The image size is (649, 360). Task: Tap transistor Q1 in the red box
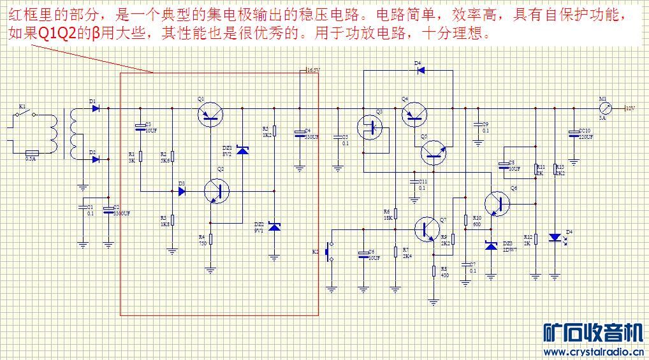pos(210,115)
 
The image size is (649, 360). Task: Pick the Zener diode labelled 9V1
pos(274,226)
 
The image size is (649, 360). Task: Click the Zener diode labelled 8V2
pos(242,150)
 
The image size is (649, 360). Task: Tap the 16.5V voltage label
pos(312,70)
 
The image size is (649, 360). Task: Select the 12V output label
pos(631,109)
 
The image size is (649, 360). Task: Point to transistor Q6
pos(497,203)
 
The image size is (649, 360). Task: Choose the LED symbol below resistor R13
pos(555,238)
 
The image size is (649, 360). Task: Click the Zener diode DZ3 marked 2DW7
pos(491,245)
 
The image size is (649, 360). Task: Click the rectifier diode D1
pos(95,109)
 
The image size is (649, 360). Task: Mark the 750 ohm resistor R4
pos(210,240)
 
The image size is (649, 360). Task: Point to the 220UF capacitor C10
pos(574,133)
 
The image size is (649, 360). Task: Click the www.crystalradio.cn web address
pos(593,351)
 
